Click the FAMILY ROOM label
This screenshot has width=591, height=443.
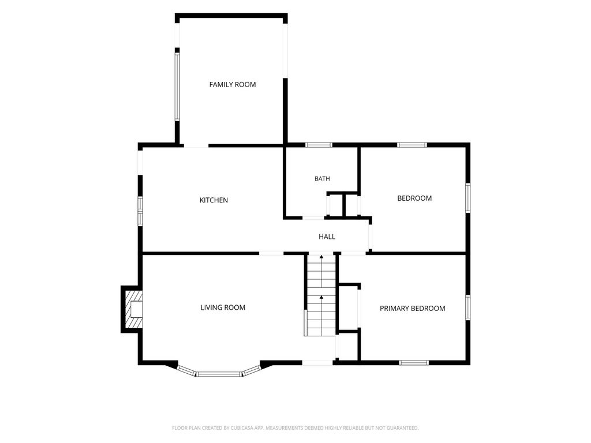tap(233, 84)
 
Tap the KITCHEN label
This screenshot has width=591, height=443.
tap(214, 200)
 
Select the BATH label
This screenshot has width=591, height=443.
tap(322, 179)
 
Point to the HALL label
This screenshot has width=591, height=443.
tap(327, 236)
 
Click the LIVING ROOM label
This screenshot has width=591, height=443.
tap(223, 307)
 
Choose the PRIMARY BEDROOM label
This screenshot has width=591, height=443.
tap(412, 308)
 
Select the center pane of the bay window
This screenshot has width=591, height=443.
tap(219, 374)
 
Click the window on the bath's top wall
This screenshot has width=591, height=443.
tap(319, 145)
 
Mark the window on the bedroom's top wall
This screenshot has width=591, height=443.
tap(412, 145)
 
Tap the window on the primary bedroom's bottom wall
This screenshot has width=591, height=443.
tap(414, 363)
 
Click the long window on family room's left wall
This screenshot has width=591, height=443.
tap(177, 87)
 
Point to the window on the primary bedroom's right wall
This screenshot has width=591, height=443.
tap(467, 308)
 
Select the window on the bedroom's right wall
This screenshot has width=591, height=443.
tap(467, 198)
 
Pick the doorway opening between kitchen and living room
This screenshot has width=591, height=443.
tap(271, 253)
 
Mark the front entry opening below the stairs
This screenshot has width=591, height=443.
tap(317, 363)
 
